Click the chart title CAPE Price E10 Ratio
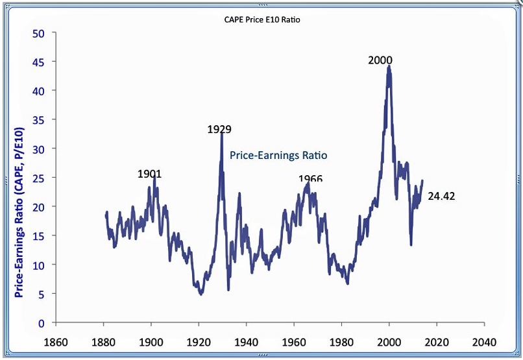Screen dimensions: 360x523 pos(261,19)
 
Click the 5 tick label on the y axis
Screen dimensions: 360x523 pos(41,294)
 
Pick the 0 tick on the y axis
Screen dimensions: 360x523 pos(41,323)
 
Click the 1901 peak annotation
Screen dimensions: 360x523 pos(149,174)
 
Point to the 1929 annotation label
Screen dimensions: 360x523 pos(219,129)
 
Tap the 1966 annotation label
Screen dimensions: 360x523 pos(310,179)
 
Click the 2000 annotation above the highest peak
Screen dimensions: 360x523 pos(380,60)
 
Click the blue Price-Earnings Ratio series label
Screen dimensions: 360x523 pos(278,155)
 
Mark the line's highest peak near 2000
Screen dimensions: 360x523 pos(389,66)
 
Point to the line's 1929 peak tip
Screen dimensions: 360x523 pos(221,134)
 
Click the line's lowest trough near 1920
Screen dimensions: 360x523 pos(201,294)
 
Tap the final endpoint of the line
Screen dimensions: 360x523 pos(422,181)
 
